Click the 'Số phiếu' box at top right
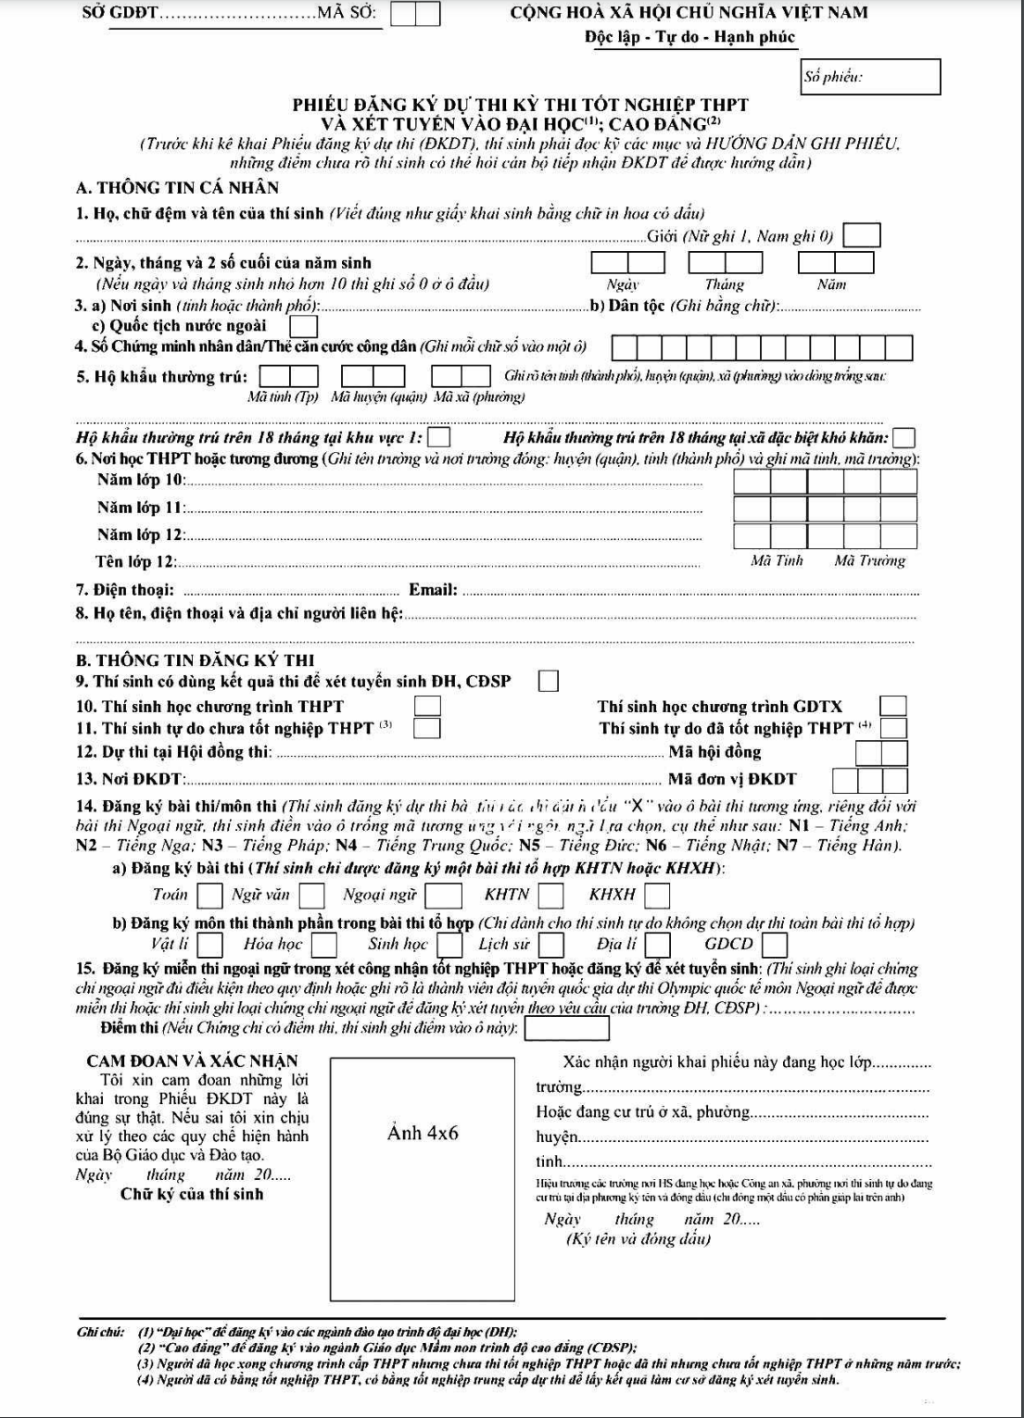tap(870, 77)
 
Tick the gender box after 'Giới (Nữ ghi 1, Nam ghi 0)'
tap(861, 236)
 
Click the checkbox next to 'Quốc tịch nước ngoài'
tap(303, 326)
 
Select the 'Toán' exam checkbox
tap(210, 896)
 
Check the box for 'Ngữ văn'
tap(312, 896)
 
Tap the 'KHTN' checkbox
tap(551, 896)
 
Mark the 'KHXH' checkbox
tap(657, 896)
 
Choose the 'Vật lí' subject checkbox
tap(210, 945)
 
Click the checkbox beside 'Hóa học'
tap(323, 945)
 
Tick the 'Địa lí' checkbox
tap(658, 945)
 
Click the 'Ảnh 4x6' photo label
tap(422, 1134)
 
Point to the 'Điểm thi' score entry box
tap(567, 1029)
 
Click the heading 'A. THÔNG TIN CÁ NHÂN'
tap(177, 187)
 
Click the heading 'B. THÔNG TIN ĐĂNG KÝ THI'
tap(195, 660)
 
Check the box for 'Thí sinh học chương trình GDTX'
tap(893, 707)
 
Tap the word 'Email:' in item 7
tap(433, 590)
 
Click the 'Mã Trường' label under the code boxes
tap(869, 560)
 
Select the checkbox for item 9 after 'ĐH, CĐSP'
tap(549, 682)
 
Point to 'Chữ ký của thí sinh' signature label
tap(192, 1194)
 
